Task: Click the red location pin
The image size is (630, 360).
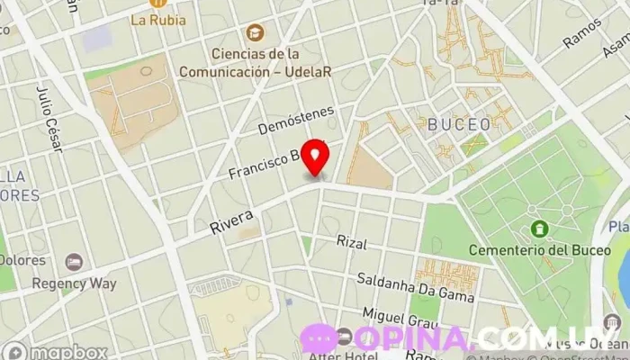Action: [316, 157]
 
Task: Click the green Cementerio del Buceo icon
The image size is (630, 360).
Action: [539, 229]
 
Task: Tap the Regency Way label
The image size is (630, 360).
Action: [74, 283]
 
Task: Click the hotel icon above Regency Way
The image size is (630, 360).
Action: [74, 262]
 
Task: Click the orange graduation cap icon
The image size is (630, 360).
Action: [256, 32]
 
